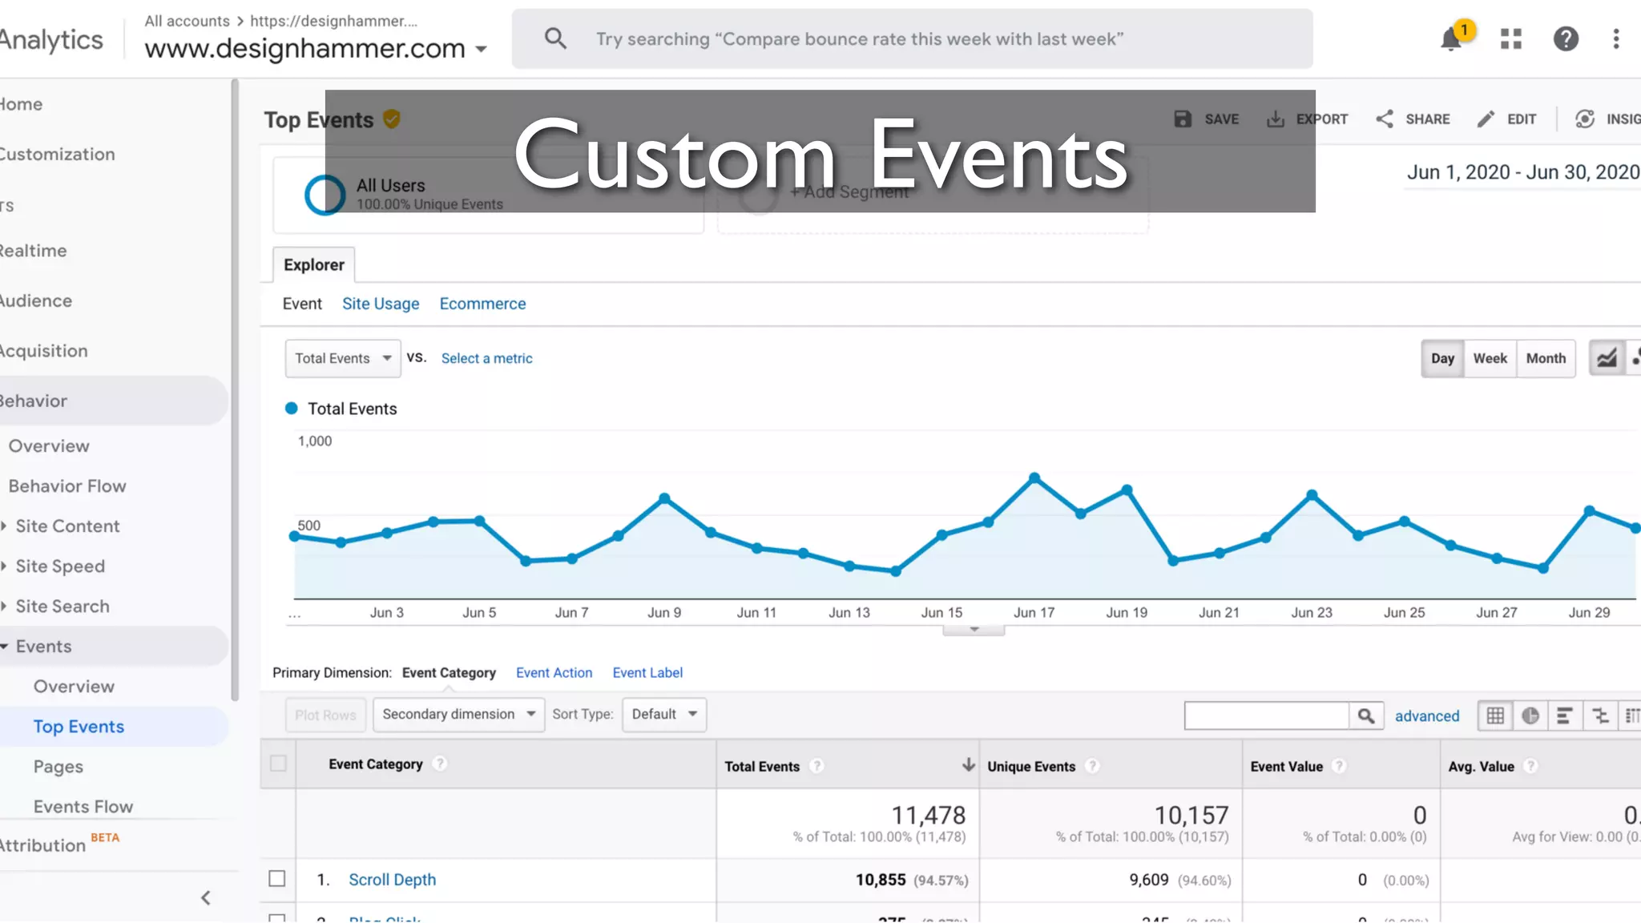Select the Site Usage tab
(381, 304)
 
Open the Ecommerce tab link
(482, 304)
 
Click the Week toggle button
(1490, 358)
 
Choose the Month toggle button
(1546, 358)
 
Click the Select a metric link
(486, 358)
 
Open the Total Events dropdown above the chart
(342, 358)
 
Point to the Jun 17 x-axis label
(1034, 612)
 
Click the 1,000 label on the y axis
(315, 441)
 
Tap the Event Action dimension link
(554, 673)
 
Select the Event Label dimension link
(647, 673)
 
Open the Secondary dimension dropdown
(458, 714)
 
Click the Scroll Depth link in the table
(392, 880)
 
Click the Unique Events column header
(1031, 766)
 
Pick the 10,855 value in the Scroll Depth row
(880, 880)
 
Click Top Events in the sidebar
(79, 727)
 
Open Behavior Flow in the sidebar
(67, 486)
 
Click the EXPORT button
(1308, 119)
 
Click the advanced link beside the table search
(1426, 715)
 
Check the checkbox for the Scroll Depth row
(277, 879)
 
